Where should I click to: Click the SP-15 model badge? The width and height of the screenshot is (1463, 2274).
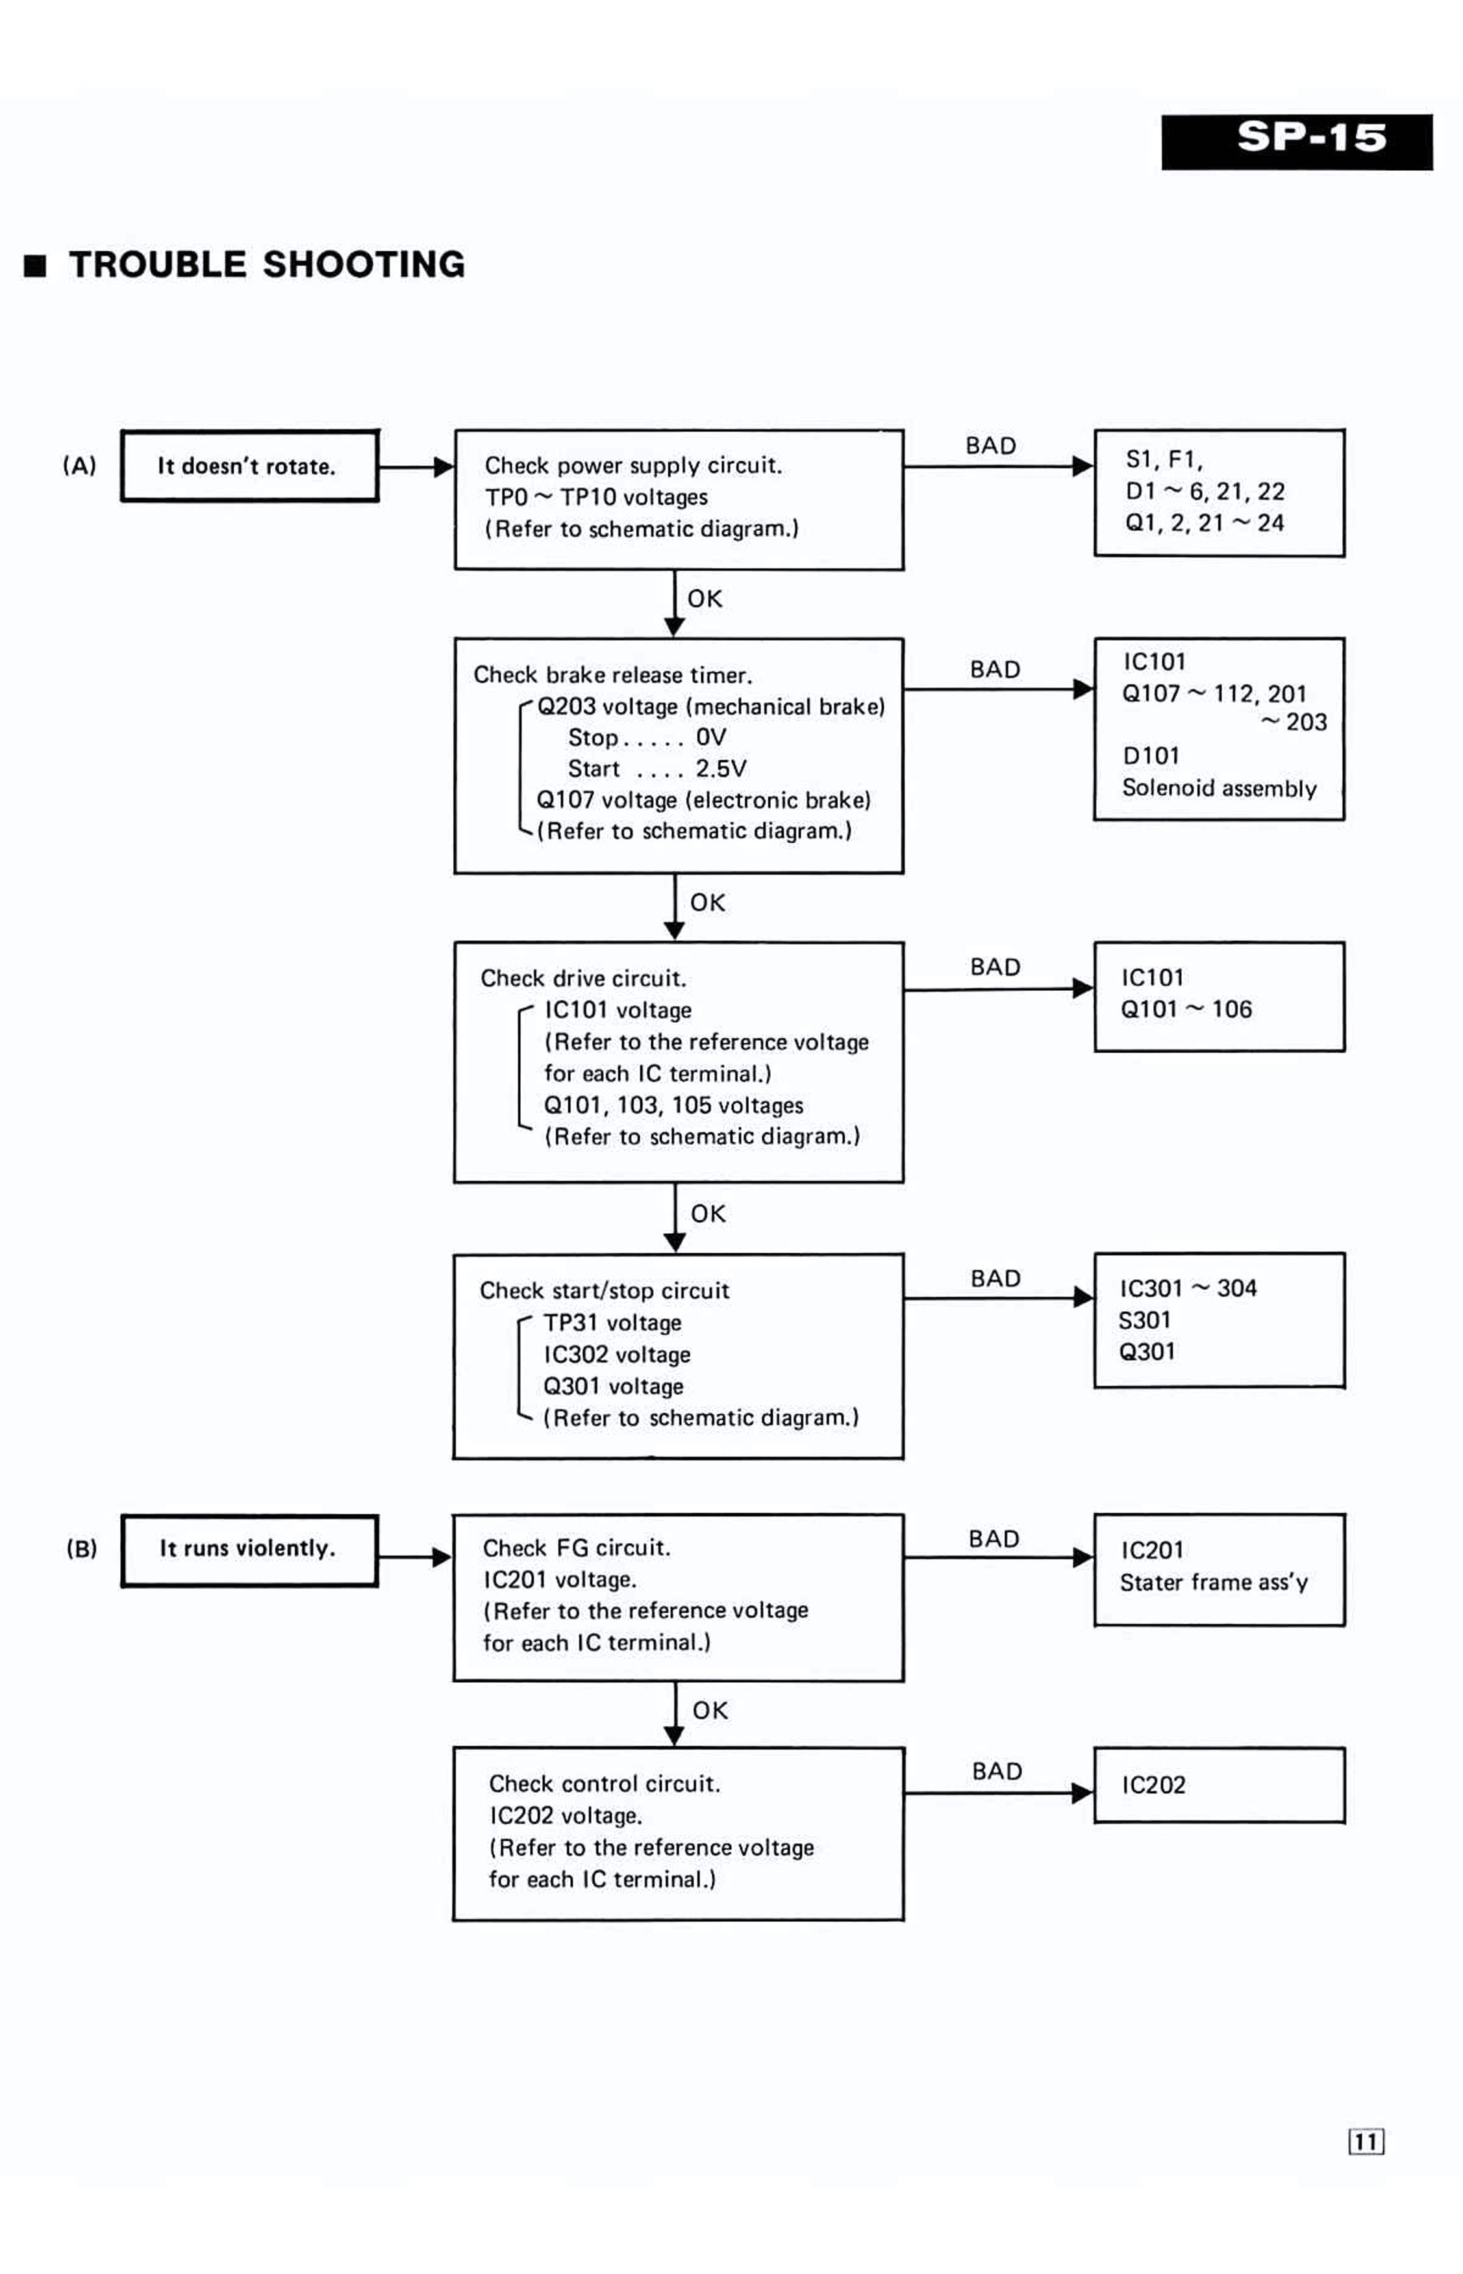(1297, 142)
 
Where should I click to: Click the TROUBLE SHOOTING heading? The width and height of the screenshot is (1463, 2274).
(266, 264)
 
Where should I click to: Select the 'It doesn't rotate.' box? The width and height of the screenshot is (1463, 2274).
(250, 466)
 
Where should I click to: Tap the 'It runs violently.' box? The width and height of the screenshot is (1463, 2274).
(250, 1550)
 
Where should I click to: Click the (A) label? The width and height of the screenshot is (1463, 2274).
(80, 466)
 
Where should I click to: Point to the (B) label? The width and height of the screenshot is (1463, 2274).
(82, 1549)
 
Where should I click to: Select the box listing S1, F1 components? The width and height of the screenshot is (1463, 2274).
(1219, 493)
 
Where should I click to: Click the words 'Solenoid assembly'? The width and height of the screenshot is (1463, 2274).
(1219, 789)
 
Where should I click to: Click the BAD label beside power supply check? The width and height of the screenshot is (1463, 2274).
(991, 446)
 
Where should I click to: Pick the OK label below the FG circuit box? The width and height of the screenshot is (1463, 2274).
(710, 1711)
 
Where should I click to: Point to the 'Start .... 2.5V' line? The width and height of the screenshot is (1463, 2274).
(657, 769)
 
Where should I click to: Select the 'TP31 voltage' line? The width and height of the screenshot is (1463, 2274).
(613, 1323)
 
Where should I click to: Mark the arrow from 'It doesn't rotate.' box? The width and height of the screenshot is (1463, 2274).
(417, 466)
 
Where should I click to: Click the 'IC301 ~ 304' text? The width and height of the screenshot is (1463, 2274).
(1188, 1288)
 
